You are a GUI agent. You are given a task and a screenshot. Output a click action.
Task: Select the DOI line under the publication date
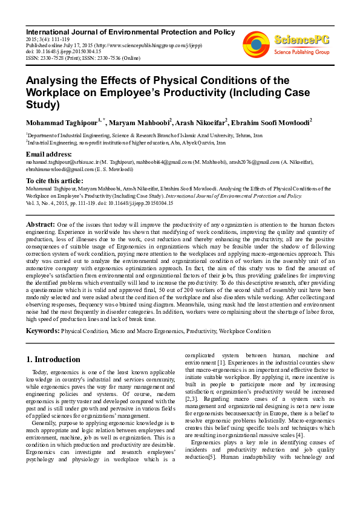56,51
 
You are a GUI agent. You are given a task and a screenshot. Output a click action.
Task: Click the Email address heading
49,154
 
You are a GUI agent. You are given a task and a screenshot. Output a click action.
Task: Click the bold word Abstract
40,224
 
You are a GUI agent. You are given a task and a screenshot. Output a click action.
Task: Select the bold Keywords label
42,331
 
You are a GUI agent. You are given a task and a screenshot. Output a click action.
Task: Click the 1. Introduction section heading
53,360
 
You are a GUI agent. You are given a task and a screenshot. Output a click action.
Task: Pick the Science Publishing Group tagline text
302,53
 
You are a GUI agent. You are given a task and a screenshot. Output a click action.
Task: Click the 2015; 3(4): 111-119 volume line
47,38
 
